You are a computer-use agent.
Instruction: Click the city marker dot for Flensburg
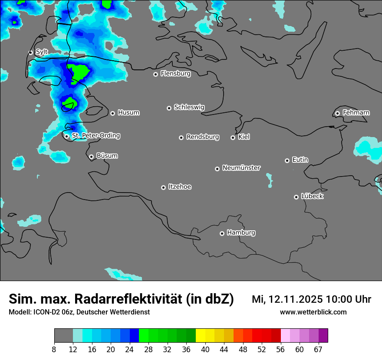click(x=155, y=74)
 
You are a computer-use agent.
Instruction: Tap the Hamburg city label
click(x=241, y=232)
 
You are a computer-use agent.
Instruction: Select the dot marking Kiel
click(x=233, y=137)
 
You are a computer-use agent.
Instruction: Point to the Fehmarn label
click(x=356, y=113)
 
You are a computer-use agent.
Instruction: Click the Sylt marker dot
click(x=30, y=52)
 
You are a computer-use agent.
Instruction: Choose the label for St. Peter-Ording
click(x=95, y=136)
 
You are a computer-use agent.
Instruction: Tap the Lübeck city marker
click(x=296, y=197)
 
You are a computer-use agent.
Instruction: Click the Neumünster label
click(x=241, y=168)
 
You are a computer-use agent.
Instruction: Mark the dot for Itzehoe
click(x=163, y=187)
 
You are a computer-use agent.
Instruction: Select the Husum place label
click(x=128, y=113)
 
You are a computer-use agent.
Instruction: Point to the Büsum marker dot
click(x=91, y=157)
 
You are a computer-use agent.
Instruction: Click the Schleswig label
click(x=189, y=107)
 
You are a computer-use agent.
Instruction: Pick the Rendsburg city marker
click(x=181, y=137)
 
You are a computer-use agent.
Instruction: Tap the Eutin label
click(x=300, y=160)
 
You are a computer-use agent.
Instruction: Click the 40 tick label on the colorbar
click(x=205, y=349)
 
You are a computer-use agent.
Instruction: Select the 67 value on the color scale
click(x=318, y=349)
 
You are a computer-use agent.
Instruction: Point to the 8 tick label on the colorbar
click(x=54, y=349)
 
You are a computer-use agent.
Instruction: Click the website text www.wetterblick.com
click(x=313, y=312)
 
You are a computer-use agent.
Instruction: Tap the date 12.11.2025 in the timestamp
click(x=295, y=299)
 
